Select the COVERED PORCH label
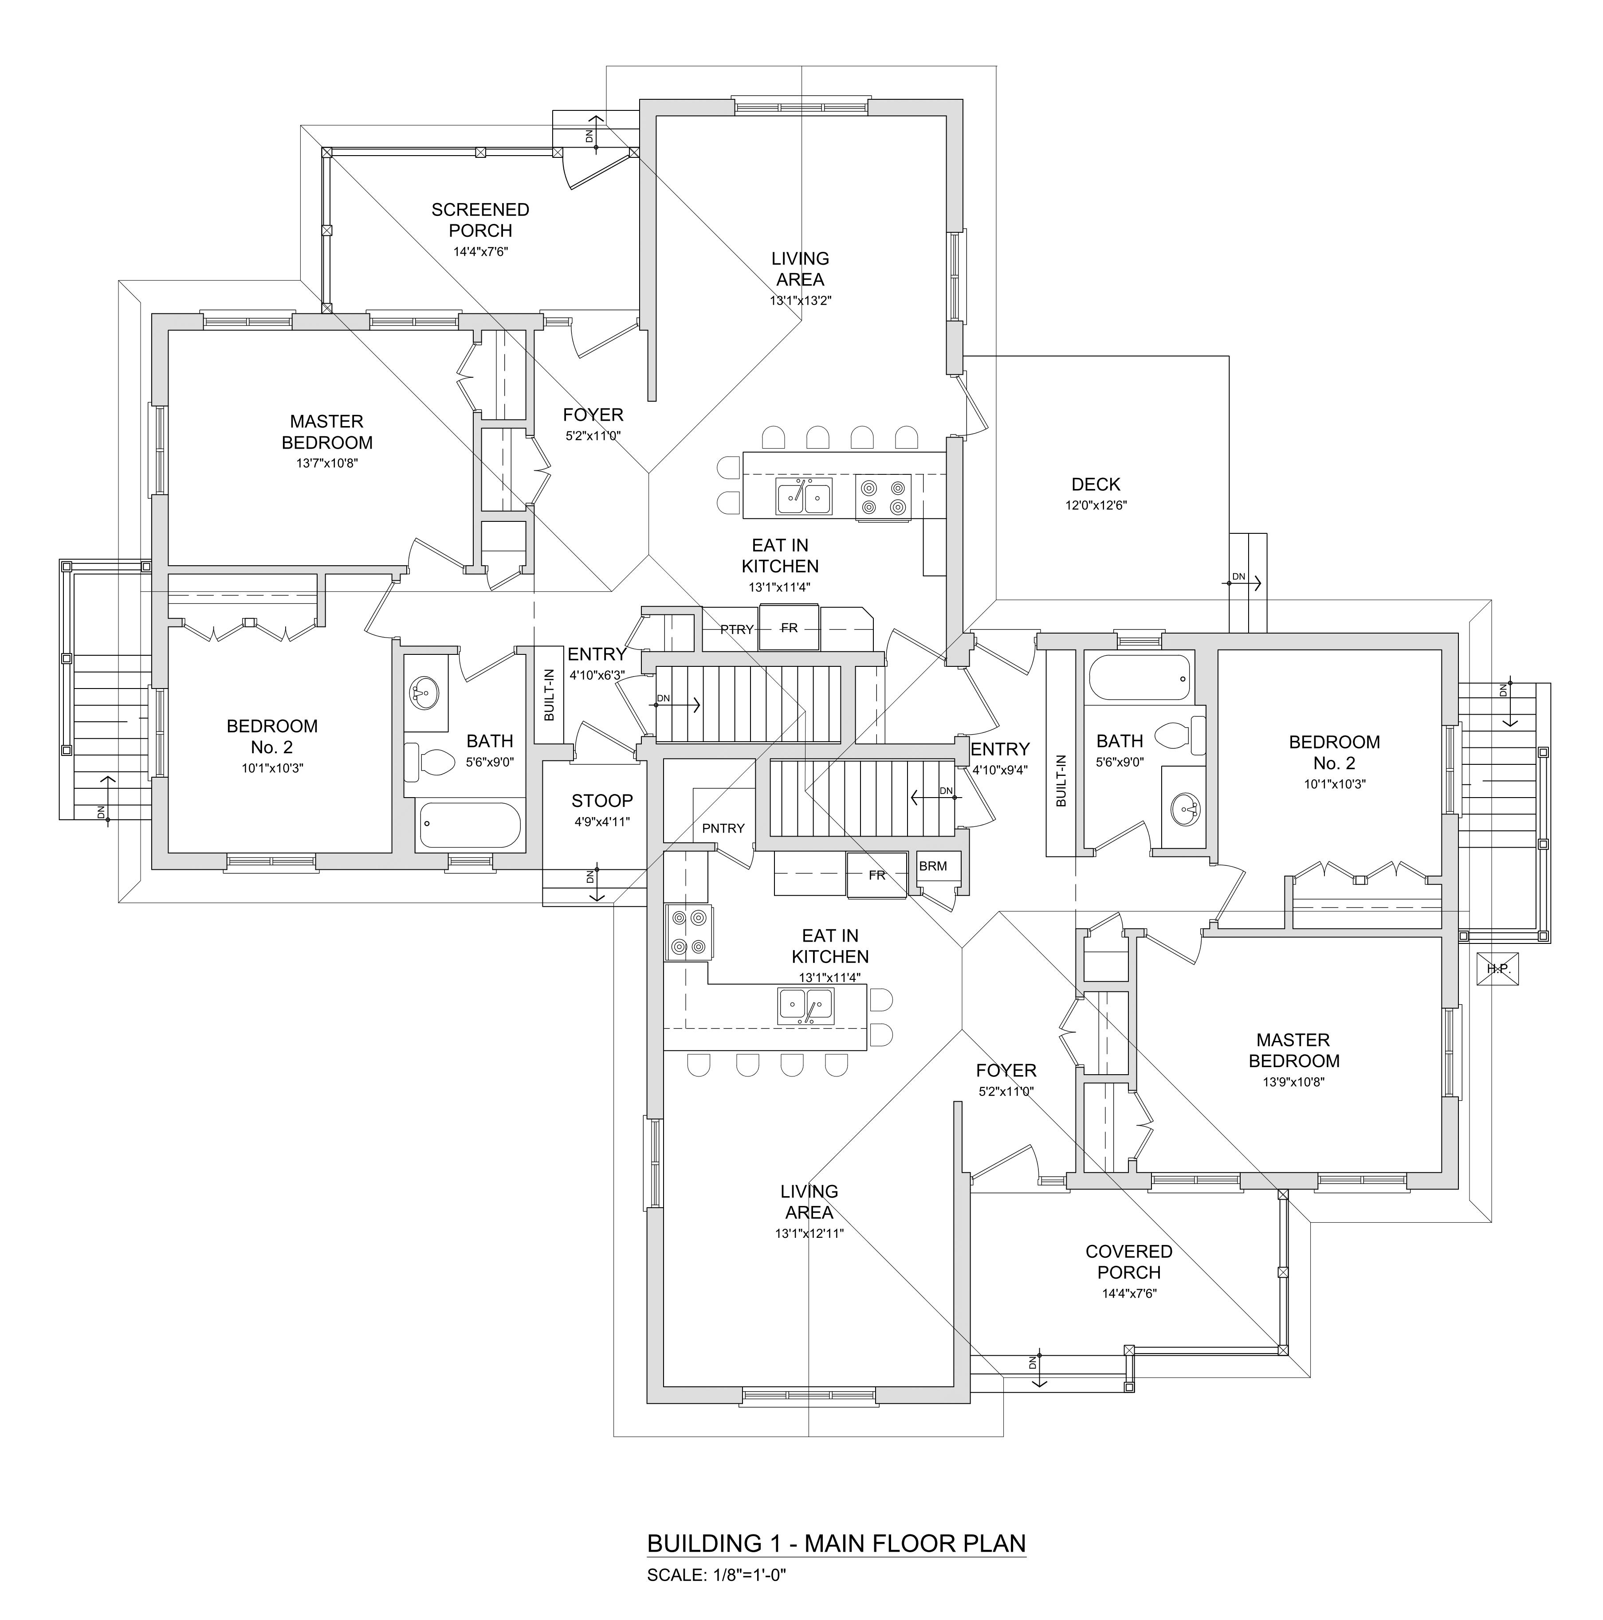point(1128,1262)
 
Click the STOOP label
point(602,801)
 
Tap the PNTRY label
point(723,829)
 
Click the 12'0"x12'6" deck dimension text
point(1096,505)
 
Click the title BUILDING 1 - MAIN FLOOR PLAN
point(836,1544)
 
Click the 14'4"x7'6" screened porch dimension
point(481,251)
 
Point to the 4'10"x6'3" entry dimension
point(597,675)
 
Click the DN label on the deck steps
point(1238,577)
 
